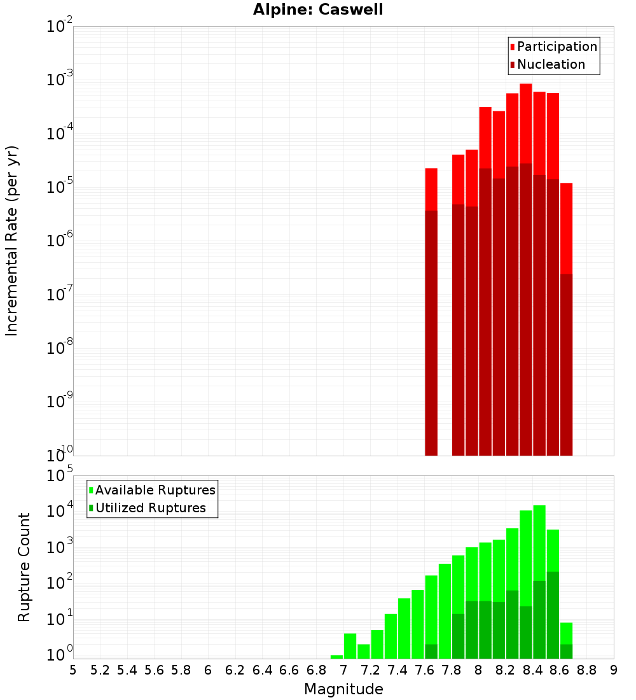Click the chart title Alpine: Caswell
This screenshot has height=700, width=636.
[x=318, y=10]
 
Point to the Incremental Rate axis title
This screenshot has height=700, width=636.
[x=12, y=241]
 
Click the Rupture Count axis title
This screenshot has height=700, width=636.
[x=24, y=567]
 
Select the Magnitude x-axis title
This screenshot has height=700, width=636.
[x=343, y=689]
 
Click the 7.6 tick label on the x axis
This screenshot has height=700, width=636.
[x=424, y=670]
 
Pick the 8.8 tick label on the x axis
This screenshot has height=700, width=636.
[x=586, y=670]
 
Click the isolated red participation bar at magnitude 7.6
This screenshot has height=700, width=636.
[x=431, y=189]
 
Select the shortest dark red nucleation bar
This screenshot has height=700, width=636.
[x=566, y=363]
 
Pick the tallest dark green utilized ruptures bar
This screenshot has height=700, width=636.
[x=553, y=614]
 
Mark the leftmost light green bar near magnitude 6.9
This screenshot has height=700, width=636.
[x=336, y=657]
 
